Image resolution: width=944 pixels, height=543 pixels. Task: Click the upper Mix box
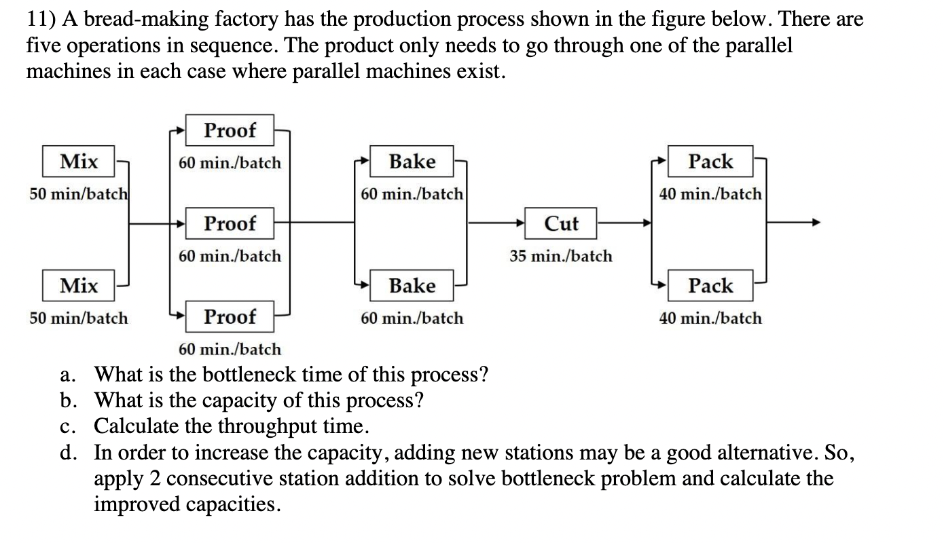tap(78, 162)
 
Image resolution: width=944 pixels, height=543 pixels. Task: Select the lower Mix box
tap(78, 286)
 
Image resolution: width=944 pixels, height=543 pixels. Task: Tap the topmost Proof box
tap(230, 130)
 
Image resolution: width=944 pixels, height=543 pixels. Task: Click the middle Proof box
tap(230, 223)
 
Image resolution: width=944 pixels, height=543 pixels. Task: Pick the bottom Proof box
tap(230, 316)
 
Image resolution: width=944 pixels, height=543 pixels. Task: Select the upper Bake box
tap(412, 162)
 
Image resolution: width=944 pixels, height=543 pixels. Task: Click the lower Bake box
tap(412, 286)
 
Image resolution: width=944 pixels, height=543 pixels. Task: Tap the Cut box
tap(562, 223)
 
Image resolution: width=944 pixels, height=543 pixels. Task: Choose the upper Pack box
tap(710, 162)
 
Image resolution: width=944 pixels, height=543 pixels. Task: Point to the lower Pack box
tap(710, 286)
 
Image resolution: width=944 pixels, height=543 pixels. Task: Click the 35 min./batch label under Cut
tap(561, 256)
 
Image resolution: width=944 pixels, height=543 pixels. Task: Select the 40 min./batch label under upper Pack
tap(710, 194)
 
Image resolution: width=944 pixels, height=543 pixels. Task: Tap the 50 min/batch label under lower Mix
tap(78, 318)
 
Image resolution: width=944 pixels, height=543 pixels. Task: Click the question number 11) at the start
tap(41, 20)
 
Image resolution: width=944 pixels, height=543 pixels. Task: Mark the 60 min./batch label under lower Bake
tap(412, 318)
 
